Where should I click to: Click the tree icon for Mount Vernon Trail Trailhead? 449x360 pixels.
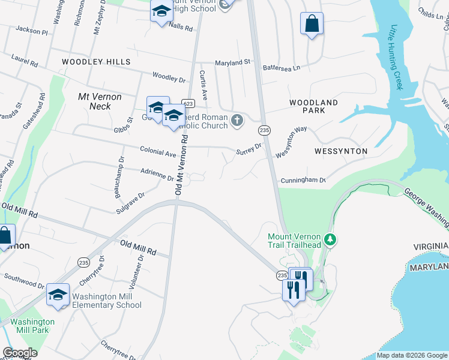click(x=330, y=240)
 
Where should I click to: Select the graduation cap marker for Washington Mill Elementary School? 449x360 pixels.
click(x=58, y=295)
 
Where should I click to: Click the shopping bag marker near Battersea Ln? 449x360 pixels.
click(x=312, y=24)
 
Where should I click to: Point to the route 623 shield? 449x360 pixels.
click(x=188, y=103)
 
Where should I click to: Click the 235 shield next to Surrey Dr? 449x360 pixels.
click(x=264, y=130)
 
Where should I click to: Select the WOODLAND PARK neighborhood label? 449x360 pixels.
click(x=313, y=106)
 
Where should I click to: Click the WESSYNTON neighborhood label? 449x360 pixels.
click(x=340, y=151)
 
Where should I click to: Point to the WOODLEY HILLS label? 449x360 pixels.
click(x=97, y=62)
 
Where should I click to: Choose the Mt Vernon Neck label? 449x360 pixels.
click(x=100, y=101)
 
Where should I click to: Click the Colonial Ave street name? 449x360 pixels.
click(x=157, y=153)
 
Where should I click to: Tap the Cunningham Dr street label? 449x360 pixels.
click(x=303, y=180)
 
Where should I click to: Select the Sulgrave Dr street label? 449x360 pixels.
click(x=131, y=203)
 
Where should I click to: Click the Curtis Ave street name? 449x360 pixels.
click(x=203, y=85)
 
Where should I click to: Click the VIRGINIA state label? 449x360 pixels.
click(x=430, y=247)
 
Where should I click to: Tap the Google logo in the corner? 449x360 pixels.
click(x=20, y=353)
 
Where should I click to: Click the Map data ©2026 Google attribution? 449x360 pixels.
click(x=412, y=355)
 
